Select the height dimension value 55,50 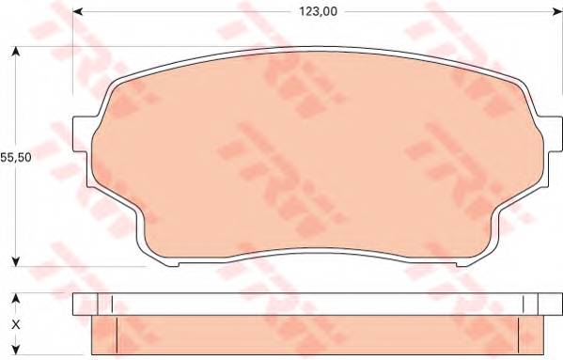click(17, 157)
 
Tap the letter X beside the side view click(14, 324)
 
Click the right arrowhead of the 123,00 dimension click(555, 11)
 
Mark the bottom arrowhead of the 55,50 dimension click(16, 260)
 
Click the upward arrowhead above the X click(15, 299)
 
